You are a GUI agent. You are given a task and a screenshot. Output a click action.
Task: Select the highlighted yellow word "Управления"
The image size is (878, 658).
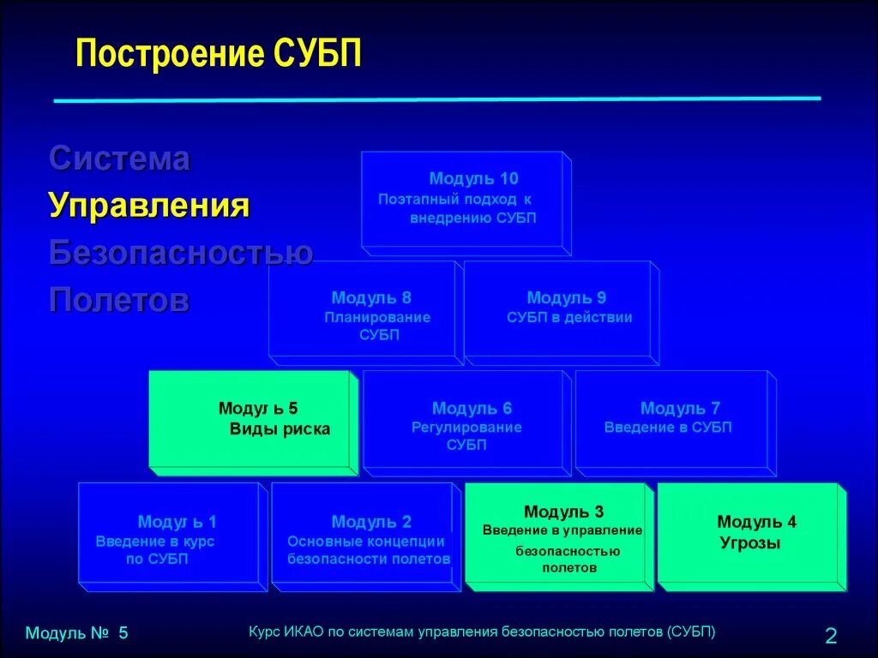coord(149,206)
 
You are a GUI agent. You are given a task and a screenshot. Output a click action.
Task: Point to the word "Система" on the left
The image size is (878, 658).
coord(119,159)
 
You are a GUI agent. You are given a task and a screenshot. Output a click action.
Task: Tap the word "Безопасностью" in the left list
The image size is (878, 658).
coord(180,253)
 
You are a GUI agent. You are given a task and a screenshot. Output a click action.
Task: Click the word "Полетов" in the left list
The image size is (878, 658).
coord(119,300)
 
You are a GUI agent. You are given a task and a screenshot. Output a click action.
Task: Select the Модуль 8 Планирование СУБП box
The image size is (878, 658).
coord(362,314)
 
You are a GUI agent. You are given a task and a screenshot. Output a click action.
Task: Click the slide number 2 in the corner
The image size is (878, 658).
coord(830,636)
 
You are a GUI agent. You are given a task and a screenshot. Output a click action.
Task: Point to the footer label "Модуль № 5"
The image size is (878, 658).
coord(76,634)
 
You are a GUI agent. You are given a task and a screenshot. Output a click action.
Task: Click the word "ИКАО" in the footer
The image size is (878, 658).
coord(296,632)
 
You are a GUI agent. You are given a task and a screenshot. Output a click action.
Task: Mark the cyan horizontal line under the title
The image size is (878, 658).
coord(437,99)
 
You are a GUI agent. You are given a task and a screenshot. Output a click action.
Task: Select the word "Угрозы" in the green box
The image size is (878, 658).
coord(749,542)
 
